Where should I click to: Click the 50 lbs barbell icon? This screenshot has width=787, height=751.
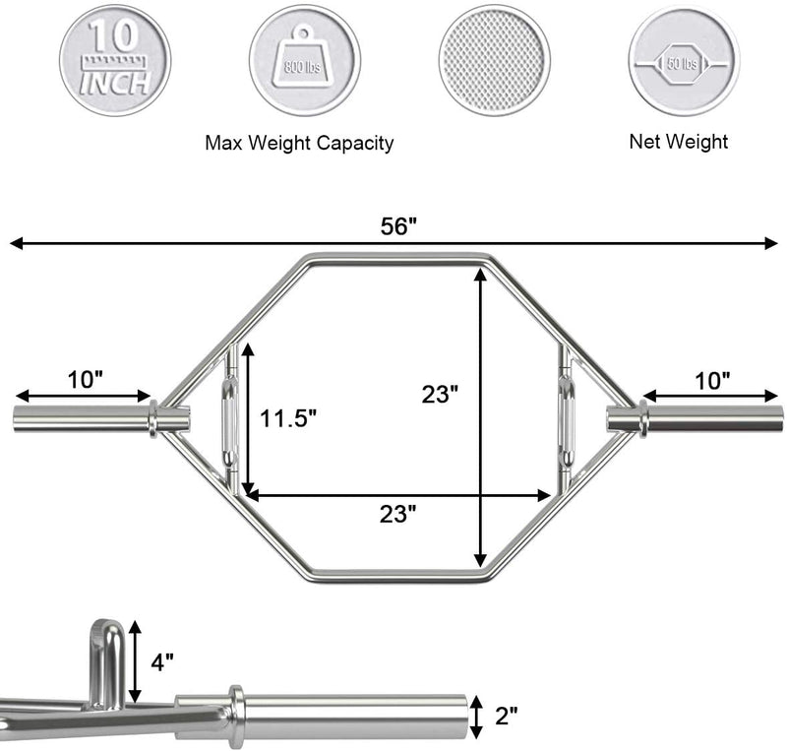679,56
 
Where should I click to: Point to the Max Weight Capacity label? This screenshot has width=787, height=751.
299,144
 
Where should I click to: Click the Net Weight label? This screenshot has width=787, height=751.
679,142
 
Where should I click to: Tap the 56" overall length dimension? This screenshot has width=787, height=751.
399,224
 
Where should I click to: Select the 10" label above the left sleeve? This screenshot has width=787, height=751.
87,378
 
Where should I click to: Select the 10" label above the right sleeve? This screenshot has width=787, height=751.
710,378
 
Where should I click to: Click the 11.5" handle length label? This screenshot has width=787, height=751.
288,418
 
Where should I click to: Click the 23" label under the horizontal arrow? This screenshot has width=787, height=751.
396,513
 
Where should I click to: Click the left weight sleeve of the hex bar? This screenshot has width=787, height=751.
79,418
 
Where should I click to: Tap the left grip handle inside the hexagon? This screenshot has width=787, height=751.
228,418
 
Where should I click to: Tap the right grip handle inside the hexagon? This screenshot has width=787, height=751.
568,418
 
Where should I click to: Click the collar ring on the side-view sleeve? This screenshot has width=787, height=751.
236,715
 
